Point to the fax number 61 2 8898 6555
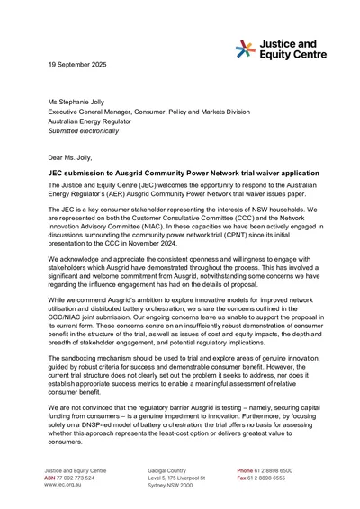tap(281, 477)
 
